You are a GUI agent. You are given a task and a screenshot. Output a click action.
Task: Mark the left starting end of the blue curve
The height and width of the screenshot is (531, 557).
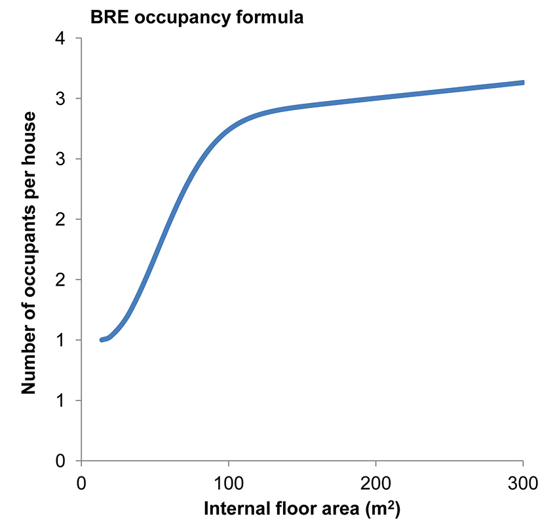(x=102, y=340)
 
